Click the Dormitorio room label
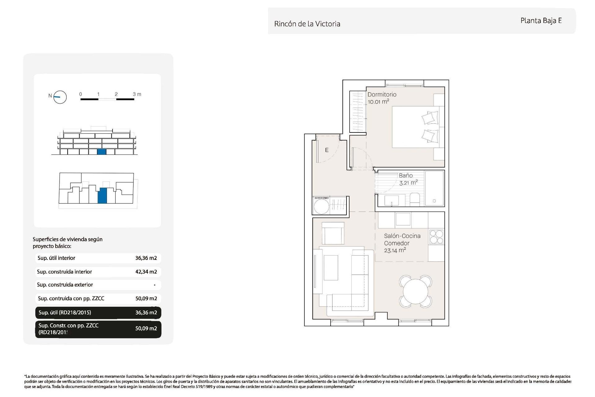click(x=382, y=95)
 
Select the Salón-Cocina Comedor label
click(x=402, y=240)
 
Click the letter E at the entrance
click(x=327, y=150)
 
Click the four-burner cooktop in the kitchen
click(x=436, y=237)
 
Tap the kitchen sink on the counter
click(x=403, y=219)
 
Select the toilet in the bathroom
click(x=415, y=199)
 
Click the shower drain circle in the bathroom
click(x=434, y=201)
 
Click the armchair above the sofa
click(x=333, y=234)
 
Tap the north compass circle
click(x=60, y=97)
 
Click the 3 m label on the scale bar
click(x=137, y=94)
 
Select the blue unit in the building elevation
click(x=102, y=152)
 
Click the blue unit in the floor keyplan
click(x=102, y=196)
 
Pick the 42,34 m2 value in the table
click(x=146, y=272)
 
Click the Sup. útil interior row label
click(x=56, y=258)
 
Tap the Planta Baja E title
click(x=541, y=21)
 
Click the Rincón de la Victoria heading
click(x=307, y=24)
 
